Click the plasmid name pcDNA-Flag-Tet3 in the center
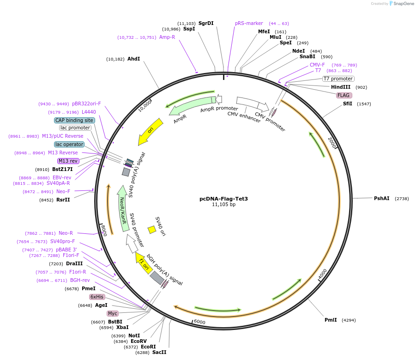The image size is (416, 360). (223, 199)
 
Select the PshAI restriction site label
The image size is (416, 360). (381, 198)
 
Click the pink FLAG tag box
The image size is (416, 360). (344, 95)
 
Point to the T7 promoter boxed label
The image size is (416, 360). (338, 79)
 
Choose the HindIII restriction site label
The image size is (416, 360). (341, 87)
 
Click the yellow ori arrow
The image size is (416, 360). (151, 132)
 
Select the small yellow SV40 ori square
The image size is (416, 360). (151, 230)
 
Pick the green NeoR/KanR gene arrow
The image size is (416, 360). (123, 208)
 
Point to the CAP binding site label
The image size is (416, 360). (74, 120)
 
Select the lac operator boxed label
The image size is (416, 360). (69, 144)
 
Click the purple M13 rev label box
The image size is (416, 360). (68, 161)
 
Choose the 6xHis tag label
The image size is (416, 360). (97, 297)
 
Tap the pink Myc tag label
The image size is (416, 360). (113, 313)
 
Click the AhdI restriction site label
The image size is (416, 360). (133, 59)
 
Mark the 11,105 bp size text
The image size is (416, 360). (223, 204)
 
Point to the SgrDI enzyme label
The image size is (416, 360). (206, 23)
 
